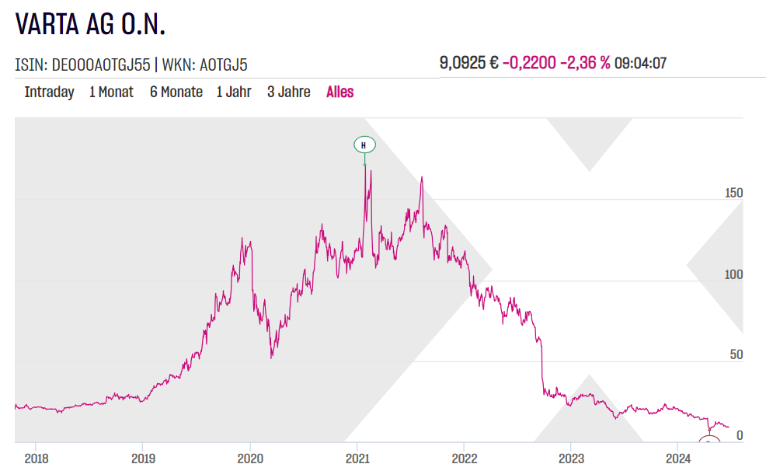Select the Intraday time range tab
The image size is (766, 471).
pos(49,92)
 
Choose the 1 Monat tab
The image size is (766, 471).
pos(111,92)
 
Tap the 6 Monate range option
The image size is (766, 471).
pos(176,92)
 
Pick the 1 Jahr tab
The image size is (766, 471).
pos(234,92)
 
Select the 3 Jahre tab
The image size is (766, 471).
pos(288,92)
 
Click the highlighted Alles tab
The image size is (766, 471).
pos(339,92)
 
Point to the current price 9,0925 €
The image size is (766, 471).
pos(468,63)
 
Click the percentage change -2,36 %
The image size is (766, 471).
pos(585,63)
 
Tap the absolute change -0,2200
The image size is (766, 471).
pos(529,63)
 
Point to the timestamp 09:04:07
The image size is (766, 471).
pos(640,63)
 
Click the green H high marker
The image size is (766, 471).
pos(364,145)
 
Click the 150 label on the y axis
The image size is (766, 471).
pos(733,193)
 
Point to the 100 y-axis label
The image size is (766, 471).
pos(733,274)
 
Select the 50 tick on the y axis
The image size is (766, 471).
pos(734,355)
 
